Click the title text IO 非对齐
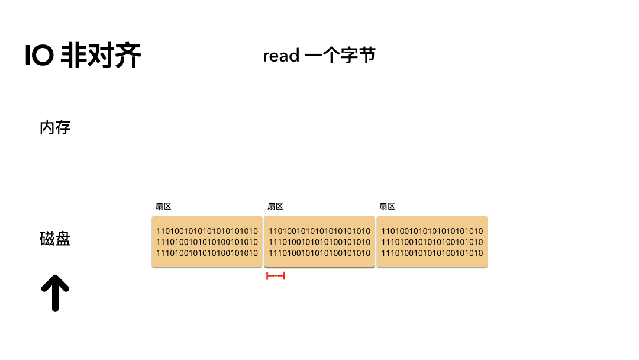[x=83, y=57]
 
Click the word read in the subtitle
[x=281, y=56]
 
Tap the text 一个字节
[x=340, y=56]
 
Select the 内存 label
[x=55, y=127]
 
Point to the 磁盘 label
[x=55, y=239]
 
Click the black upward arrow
[x=55, y=293]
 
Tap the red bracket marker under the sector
[x=276, y=276]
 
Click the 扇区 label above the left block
[x=163, y=207]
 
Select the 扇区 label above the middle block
[x=275, y=207]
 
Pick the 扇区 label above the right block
[x=387, y=207]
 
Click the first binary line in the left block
[x=207, y=231]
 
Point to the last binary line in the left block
[x=207, y=253]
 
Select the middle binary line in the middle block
[x=319, y=242]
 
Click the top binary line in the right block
[x=432, y=231]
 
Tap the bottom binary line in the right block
[x=432, y=253]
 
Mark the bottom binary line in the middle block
[x=319, y=253]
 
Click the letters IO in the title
[x=40, y=57]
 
